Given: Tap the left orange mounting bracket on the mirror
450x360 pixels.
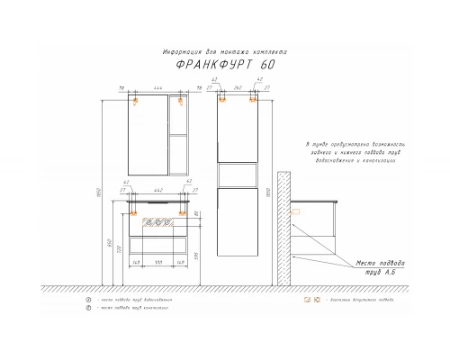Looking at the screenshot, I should pyautogui.click(x=136, y=102).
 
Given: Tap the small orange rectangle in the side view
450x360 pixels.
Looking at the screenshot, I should pyautogui.click(x=297, y=212).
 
